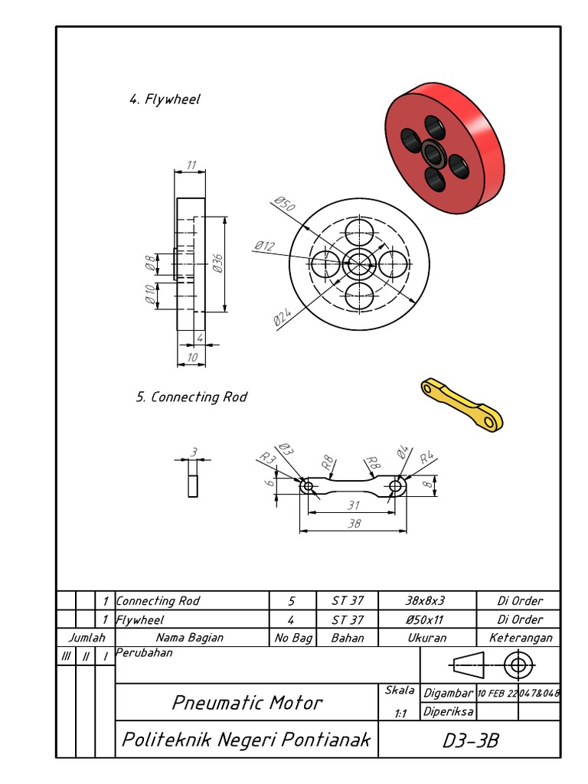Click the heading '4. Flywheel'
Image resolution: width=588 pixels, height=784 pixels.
(x=164, y=100)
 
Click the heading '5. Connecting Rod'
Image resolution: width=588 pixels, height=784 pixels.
(x=191, y=397)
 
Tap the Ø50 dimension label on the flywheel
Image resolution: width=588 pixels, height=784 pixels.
(x=283, y=204)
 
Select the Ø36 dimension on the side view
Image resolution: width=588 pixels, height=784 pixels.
(x=217, y=263)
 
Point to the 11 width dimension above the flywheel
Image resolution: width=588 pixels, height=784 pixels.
(x=191, y=165)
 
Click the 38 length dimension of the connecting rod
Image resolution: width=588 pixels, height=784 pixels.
(x=354, y=524)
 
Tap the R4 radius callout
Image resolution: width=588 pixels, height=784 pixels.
(x=426, y=458)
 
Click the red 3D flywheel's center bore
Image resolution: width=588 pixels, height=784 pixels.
(x=435, y=152)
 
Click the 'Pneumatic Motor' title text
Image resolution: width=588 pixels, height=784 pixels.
(x=247, y=703)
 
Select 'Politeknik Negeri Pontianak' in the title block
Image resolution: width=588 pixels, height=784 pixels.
(x=246, y=740)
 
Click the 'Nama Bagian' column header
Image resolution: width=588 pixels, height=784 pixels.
(x=190, y=637)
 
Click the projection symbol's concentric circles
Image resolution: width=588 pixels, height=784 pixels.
(x=518, y=665)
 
